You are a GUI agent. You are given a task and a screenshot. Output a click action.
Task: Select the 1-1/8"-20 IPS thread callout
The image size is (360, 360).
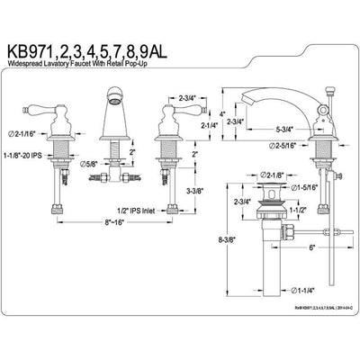point(36,154)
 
